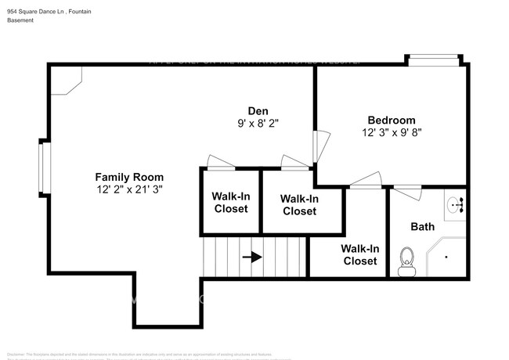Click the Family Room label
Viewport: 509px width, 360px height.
[x=129, y=176]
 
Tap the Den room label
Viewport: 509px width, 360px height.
[x=258, y=110]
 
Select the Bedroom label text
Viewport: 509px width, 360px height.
[x=391, y=120]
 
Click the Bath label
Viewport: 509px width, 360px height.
[x=423, y=227]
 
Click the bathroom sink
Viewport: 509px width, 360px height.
[x=456, y=206]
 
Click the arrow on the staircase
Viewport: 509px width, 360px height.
[x=252, y=256]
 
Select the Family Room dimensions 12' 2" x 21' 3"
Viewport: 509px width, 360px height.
[x=129, y=189]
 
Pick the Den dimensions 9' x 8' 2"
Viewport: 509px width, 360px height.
[x=258, y=123]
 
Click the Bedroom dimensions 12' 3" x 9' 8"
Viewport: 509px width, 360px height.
[x=391, y=133]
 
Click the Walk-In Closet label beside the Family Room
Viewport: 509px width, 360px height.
[x=230, y=203]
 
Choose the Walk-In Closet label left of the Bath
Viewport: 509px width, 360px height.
[x=360, y=254]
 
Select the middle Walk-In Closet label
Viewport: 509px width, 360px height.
[x=299, y=205]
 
